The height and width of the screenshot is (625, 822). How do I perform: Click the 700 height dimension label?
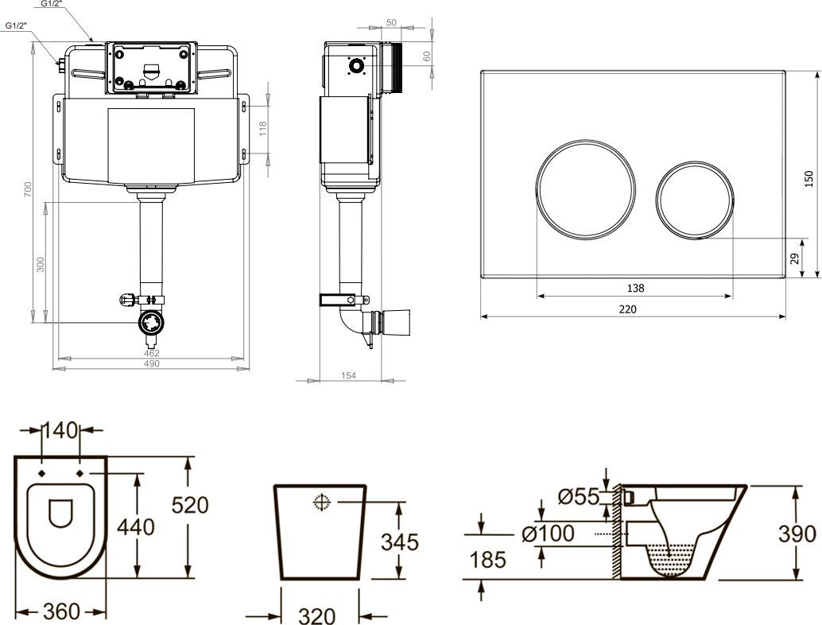click(x=28, y=189)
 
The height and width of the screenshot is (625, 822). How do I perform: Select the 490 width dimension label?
click(x=151, y=363)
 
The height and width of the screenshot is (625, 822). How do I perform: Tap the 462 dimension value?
click(x=151, y=353)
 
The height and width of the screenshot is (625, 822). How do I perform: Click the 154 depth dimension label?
click(x=348, y=376)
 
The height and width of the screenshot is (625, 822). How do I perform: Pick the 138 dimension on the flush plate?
click(x=635, y=288)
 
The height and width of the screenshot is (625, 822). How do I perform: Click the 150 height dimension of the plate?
click(x=809, y=177)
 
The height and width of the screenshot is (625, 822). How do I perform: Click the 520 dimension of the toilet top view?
click(x=191, y=504)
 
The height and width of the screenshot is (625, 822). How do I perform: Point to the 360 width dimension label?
click(x=61, y=611)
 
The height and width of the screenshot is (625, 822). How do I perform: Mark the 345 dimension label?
click(x=399, y=542)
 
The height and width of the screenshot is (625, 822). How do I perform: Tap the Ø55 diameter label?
click(x=578, y=497)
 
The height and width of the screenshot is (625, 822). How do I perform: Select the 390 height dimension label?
click(x=797, y=533)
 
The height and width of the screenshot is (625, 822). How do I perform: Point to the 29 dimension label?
click(x=794, y=257)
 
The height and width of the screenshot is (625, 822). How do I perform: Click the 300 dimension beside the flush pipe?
click(x=41, y=264)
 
